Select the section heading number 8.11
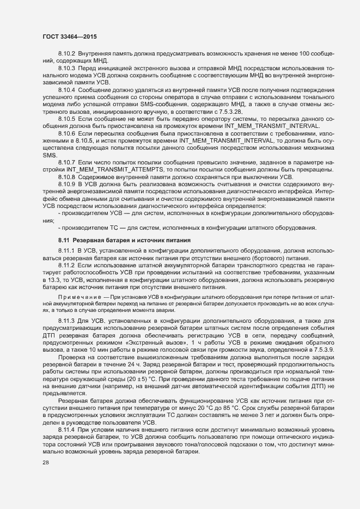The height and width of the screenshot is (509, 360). pos(64,240)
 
